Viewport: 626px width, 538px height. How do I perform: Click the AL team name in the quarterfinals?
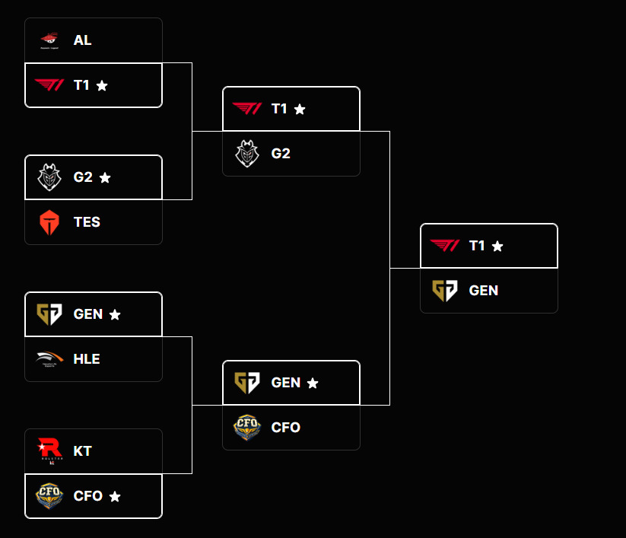click(82, 40)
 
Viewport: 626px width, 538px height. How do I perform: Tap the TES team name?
click(87, 222)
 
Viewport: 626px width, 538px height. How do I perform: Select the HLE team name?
click(87, 359)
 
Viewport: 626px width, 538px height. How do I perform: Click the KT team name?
click(82, 450)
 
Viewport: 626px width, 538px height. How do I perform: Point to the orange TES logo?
click(49, 222)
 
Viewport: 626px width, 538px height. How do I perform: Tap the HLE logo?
click(49, 359)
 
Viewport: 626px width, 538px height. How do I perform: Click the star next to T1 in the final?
click(497, 246)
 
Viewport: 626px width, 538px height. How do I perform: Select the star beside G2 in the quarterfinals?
click(105, 177)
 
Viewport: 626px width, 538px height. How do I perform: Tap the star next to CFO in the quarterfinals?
click(115, 496)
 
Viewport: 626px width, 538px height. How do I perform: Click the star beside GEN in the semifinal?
click(313, 383)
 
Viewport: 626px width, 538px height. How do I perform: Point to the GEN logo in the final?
click(445, 291)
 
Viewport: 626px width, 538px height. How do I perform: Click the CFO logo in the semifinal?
click(247, 428)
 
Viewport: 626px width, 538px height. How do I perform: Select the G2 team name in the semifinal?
click(281, 154)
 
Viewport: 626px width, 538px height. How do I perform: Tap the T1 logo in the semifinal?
click(247, 109)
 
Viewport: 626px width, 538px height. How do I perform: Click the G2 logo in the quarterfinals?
click(49, 177)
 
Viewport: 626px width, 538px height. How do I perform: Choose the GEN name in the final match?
click(484, 291)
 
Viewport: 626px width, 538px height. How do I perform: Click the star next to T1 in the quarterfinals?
click(102, 86)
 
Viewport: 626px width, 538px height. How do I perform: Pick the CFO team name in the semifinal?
click(285, 428)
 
